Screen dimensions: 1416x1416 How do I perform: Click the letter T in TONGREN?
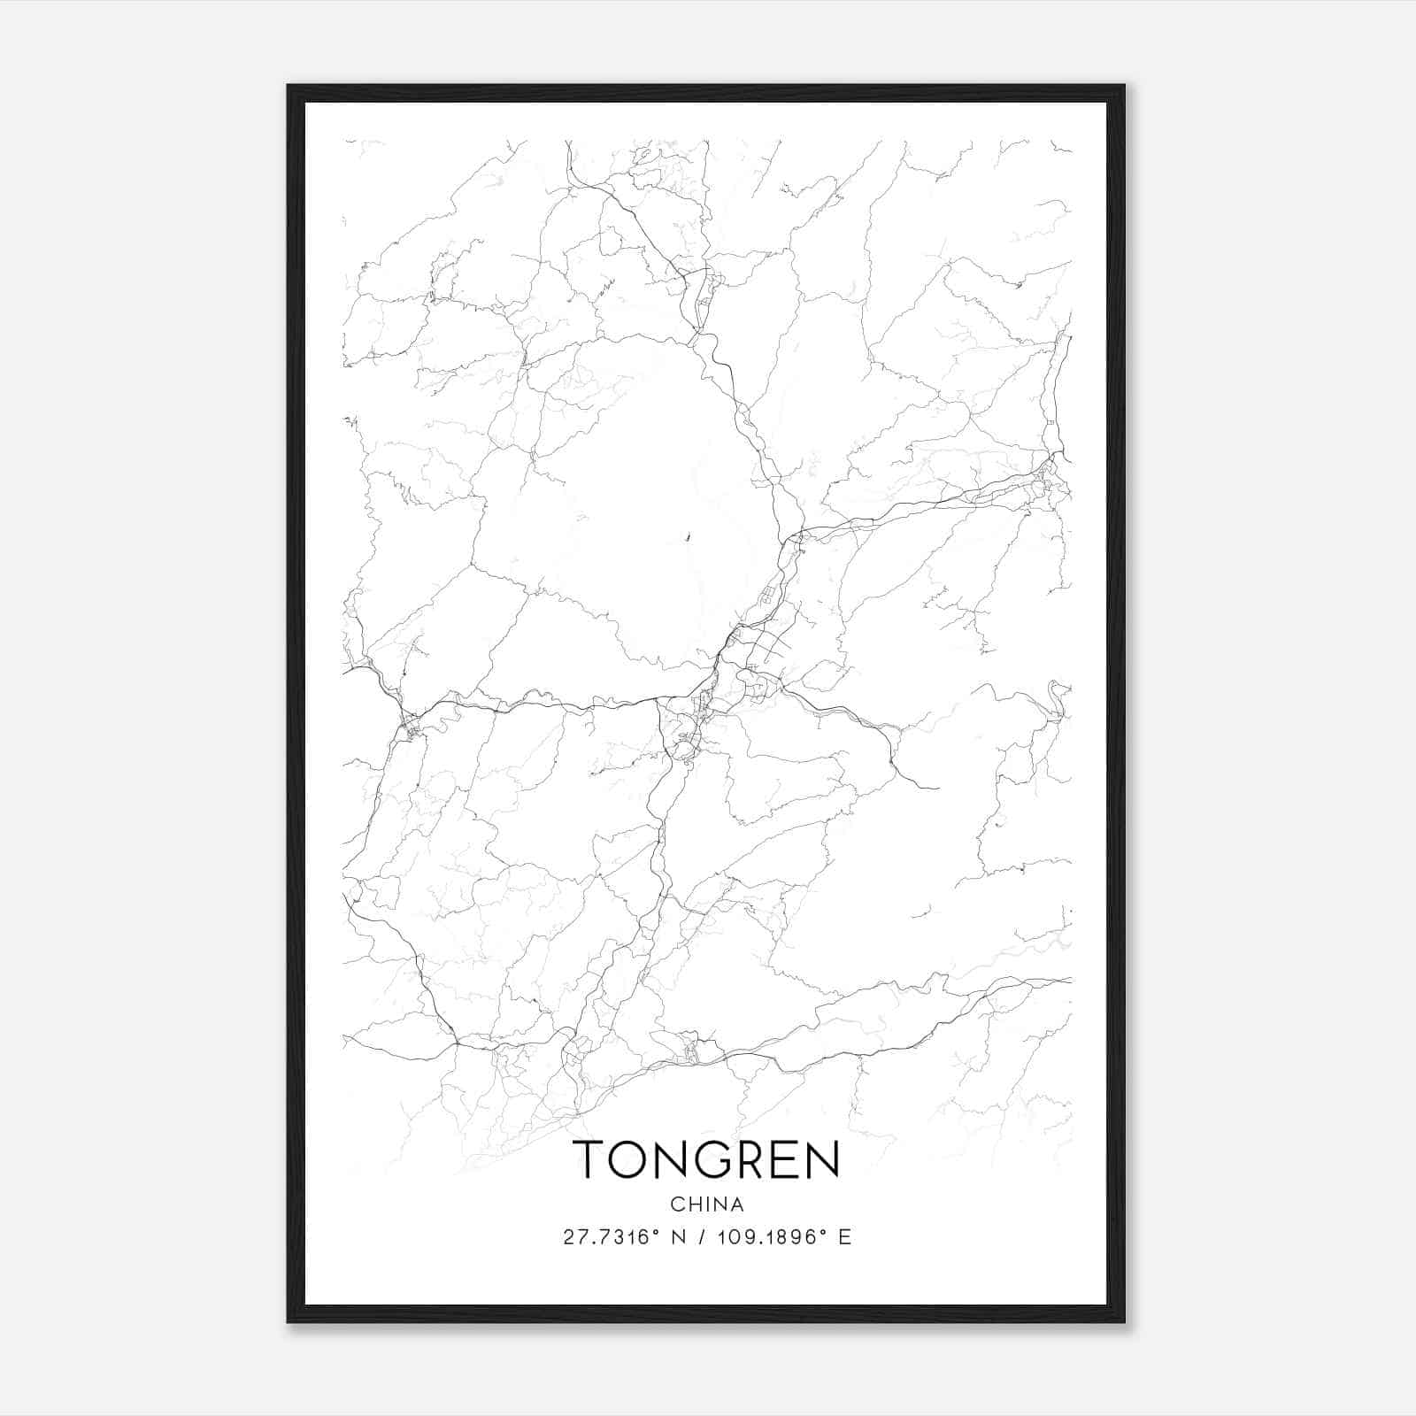point(590,1158)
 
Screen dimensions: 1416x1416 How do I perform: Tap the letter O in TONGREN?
point(634,1158)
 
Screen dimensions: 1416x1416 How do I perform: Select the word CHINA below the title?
point(707,1204)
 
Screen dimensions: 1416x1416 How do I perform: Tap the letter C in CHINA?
point(677,1204)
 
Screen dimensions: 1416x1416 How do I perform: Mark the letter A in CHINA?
point(737,1204)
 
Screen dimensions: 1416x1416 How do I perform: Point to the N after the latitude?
point(680,1237)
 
